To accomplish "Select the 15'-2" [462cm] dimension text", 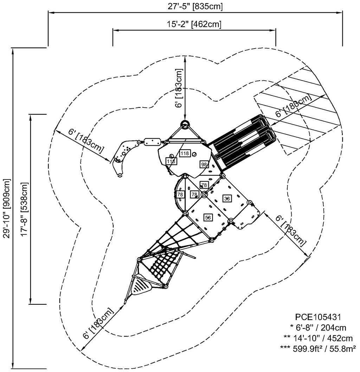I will coord(194,24).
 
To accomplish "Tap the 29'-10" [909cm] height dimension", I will coord(7,208).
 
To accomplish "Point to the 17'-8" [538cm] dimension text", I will coord(24,209).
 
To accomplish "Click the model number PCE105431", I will coord(317,317).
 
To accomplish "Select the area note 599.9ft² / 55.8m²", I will coord(318,348).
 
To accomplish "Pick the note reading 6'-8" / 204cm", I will coord(318,327).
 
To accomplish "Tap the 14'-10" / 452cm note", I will coord(318,338).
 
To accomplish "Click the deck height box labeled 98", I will coord(204,164).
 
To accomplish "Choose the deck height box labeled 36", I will coord(227,198).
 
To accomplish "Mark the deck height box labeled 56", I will coord(208,218).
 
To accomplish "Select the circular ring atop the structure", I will coord(185,124).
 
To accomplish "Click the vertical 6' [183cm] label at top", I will coord(179,88).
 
